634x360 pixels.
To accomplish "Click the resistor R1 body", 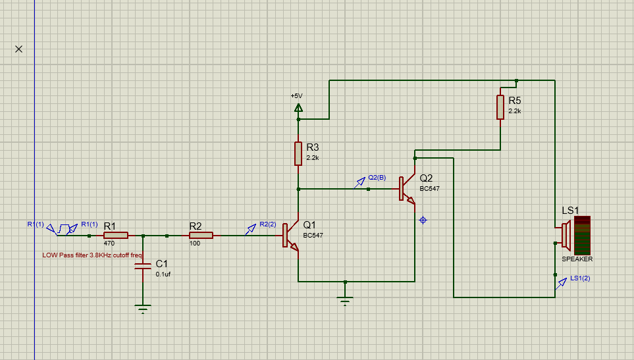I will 116,235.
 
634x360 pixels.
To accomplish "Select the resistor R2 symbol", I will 201,235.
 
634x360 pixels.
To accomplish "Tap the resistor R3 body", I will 298,153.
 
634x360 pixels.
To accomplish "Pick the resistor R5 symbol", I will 500,107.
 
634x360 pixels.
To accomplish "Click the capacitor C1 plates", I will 143,266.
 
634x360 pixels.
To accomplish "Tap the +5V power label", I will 296,95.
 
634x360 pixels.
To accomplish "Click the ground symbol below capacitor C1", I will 143,307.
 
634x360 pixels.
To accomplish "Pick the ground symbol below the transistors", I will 344,301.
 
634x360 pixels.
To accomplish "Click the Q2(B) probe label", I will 377,178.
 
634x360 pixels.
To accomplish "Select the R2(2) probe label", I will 268,224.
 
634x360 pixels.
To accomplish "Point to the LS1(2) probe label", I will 580,278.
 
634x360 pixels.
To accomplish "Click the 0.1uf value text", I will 163,274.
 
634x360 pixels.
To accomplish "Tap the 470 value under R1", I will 109,244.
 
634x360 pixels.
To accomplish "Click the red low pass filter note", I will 92,255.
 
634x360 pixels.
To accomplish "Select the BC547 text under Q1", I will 313,236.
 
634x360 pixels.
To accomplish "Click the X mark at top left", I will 18,49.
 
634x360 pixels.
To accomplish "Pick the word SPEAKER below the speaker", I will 577,259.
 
